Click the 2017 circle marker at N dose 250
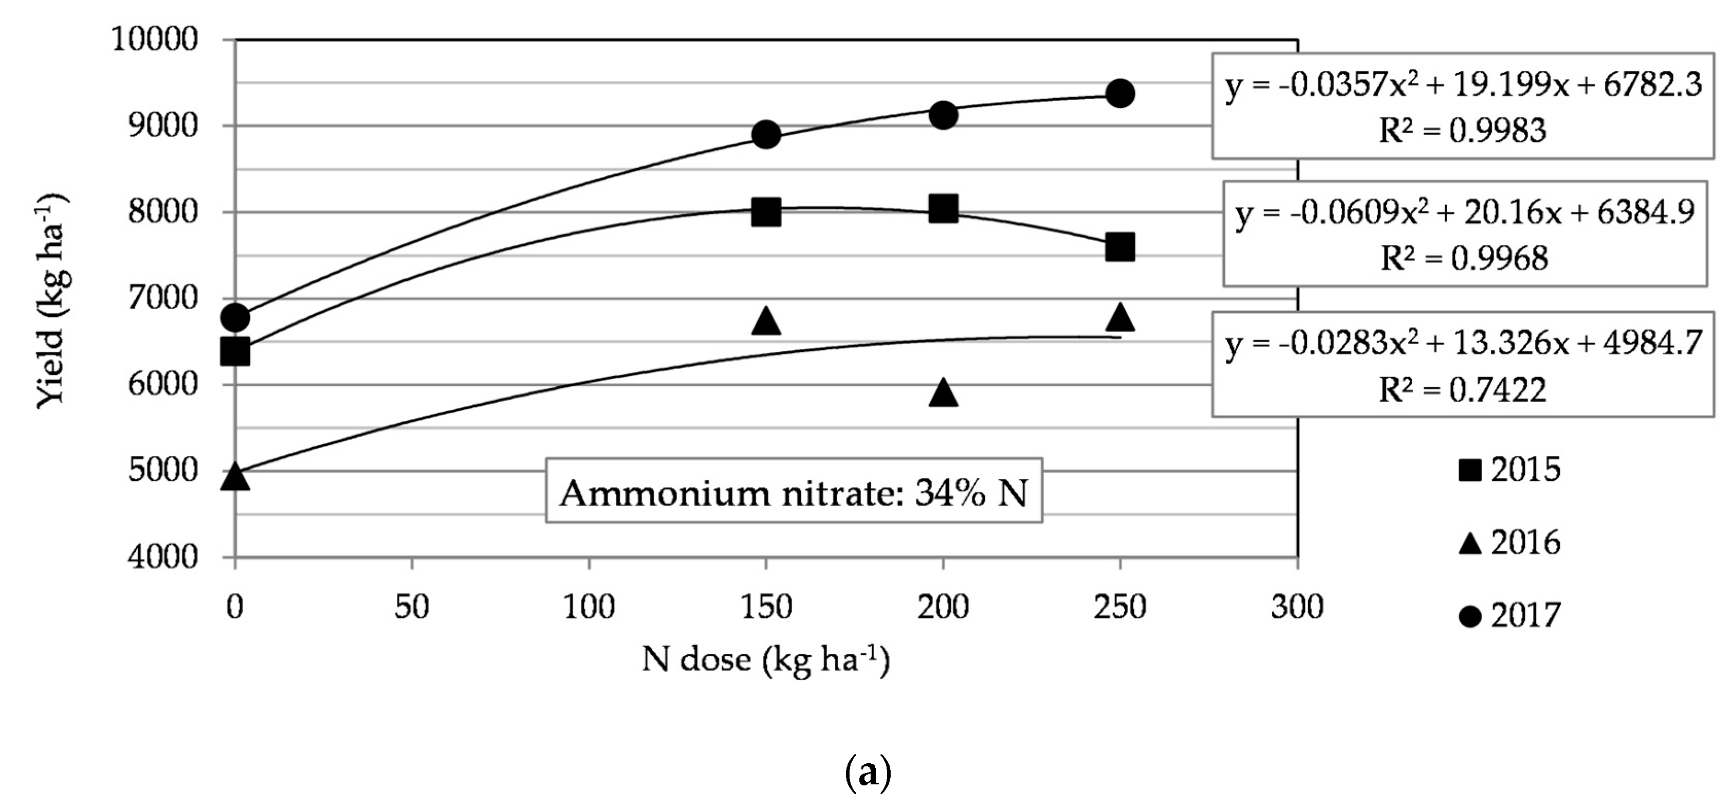(x=1119, y=94)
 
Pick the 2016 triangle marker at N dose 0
(x=235, y=477)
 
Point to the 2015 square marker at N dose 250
(x=1119, y=247)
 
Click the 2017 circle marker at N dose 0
(x=235, y=317)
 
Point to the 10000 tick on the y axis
(x=155, y=40)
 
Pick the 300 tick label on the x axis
(x=1297, y=607)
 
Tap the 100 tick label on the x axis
(x=588, y=607)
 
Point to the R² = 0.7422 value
(x=1462, y=390)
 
